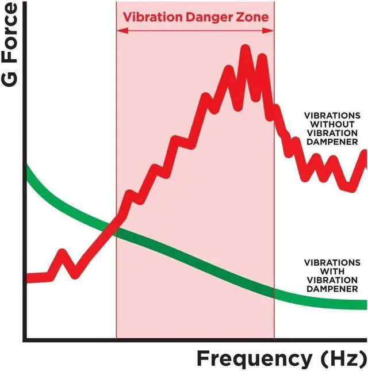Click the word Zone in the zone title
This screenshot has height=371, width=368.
252,17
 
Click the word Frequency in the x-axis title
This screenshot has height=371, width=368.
252,358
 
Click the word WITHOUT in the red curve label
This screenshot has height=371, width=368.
333,124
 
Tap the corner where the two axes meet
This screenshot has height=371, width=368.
24,339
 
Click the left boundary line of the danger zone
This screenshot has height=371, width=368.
116,173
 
